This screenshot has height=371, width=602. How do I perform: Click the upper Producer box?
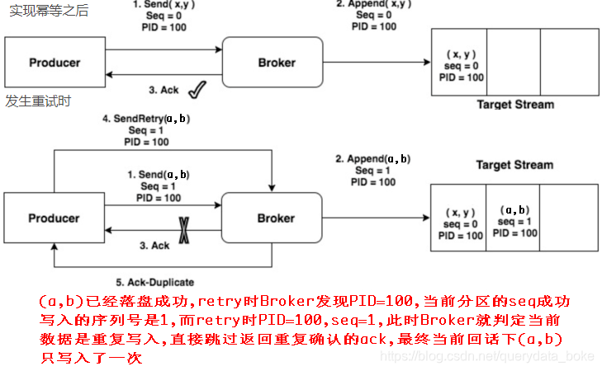click(55, 63)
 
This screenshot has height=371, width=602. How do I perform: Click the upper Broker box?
click(277, 63)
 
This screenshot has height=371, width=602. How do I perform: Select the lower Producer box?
click(55, 218)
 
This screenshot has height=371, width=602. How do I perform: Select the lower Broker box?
click(277, 218)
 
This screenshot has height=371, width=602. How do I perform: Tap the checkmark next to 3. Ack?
click(197, 88)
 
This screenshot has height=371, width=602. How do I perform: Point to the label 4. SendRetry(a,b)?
click(146, 119)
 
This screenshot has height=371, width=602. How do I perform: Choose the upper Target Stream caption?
click(515, 105)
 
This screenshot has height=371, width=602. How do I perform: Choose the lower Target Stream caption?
click(514, 165)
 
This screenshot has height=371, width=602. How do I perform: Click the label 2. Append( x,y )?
click(373, 5)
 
